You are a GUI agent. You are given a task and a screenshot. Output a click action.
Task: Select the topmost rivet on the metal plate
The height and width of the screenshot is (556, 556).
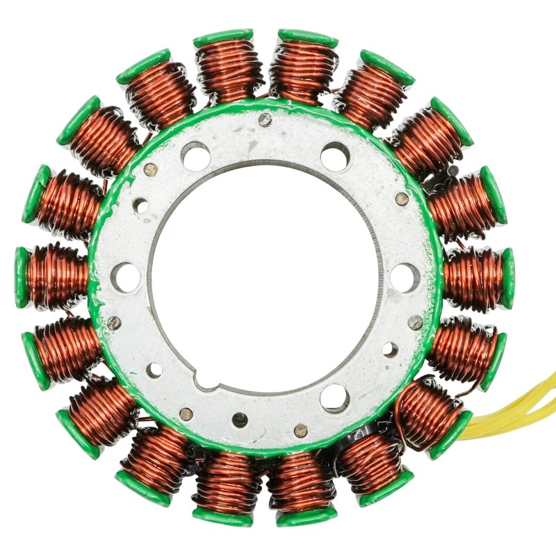[x=264, y=120]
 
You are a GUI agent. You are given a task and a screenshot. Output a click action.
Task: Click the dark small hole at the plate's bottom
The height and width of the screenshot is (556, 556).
[x=240, y=419]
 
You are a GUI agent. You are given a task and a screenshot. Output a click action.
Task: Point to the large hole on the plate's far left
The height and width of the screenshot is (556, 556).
[x=127, y=277]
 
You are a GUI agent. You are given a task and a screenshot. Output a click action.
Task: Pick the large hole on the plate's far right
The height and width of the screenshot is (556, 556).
[x=404, y=277]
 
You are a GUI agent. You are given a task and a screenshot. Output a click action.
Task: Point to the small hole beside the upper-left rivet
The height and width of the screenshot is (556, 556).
[x=141, y=206]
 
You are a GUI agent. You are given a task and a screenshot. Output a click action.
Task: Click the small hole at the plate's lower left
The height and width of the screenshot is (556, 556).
[x=154, y=370]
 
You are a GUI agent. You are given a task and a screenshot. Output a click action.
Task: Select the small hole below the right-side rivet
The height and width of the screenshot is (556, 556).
[x=391, y=350]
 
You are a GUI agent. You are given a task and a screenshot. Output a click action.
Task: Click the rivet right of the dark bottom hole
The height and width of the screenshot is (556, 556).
[x=300, y=430]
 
